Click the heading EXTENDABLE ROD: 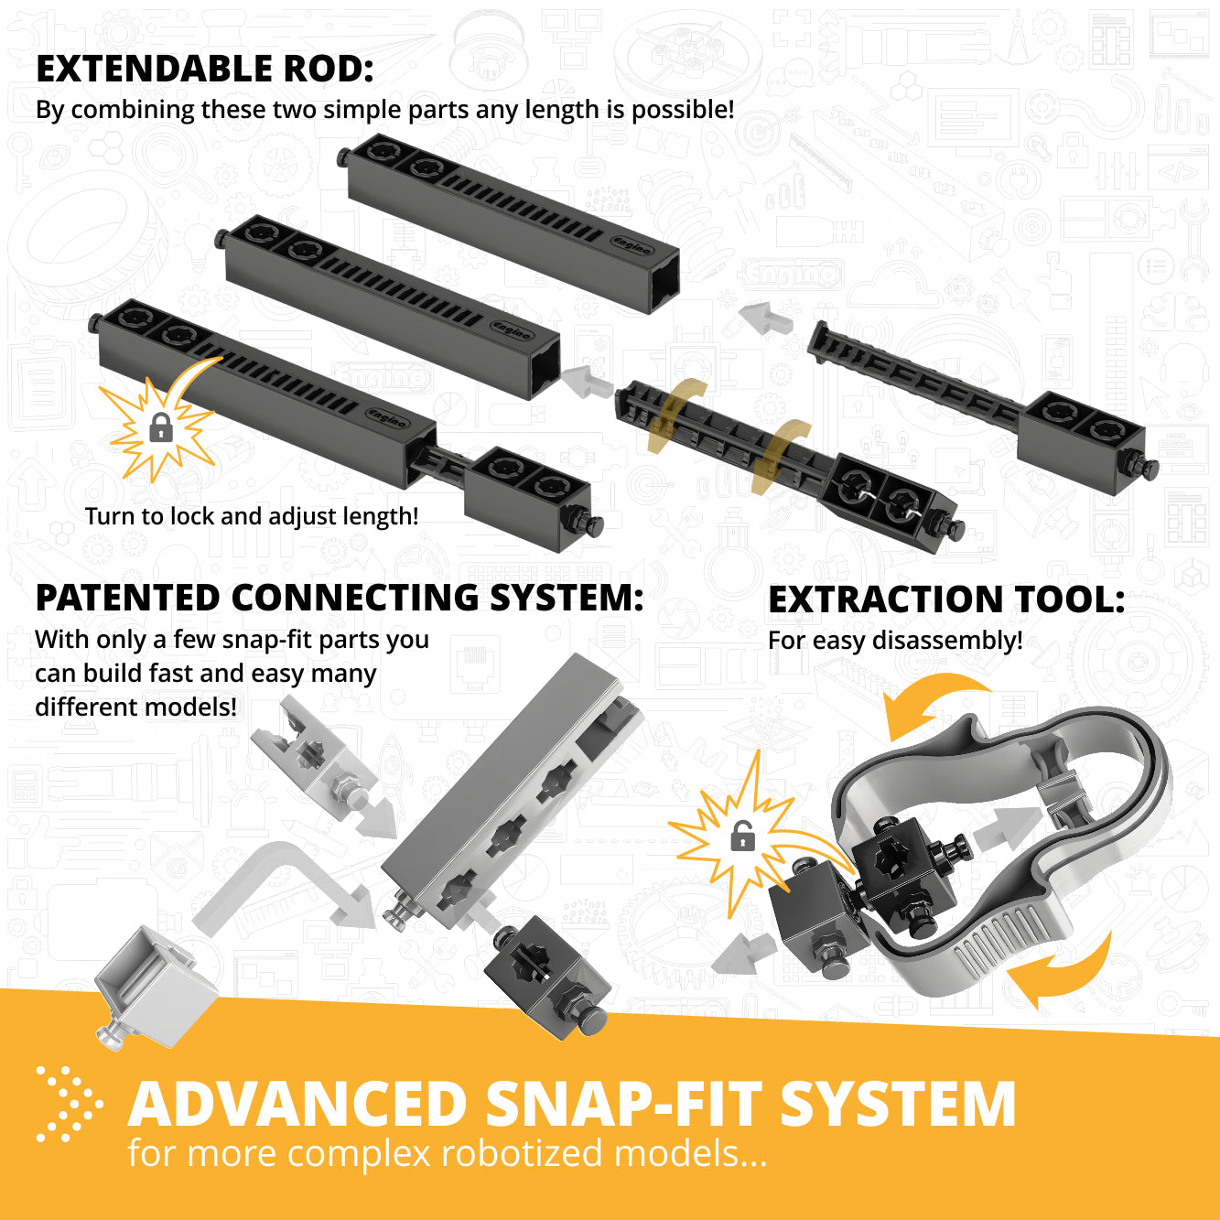[x=204, y=69]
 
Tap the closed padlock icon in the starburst [x=161, y=426]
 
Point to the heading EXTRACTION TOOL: [x=945, y=599]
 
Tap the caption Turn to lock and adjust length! [x=252, y=516]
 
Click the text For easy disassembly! [x=895, y=640]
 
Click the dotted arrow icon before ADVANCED [x=69, y=1104]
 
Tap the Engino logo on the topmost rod [x=632, y=245]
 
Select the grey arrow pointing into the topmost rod [x=766, y=318]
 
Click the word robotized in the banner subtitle [x=521, y=1153]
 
